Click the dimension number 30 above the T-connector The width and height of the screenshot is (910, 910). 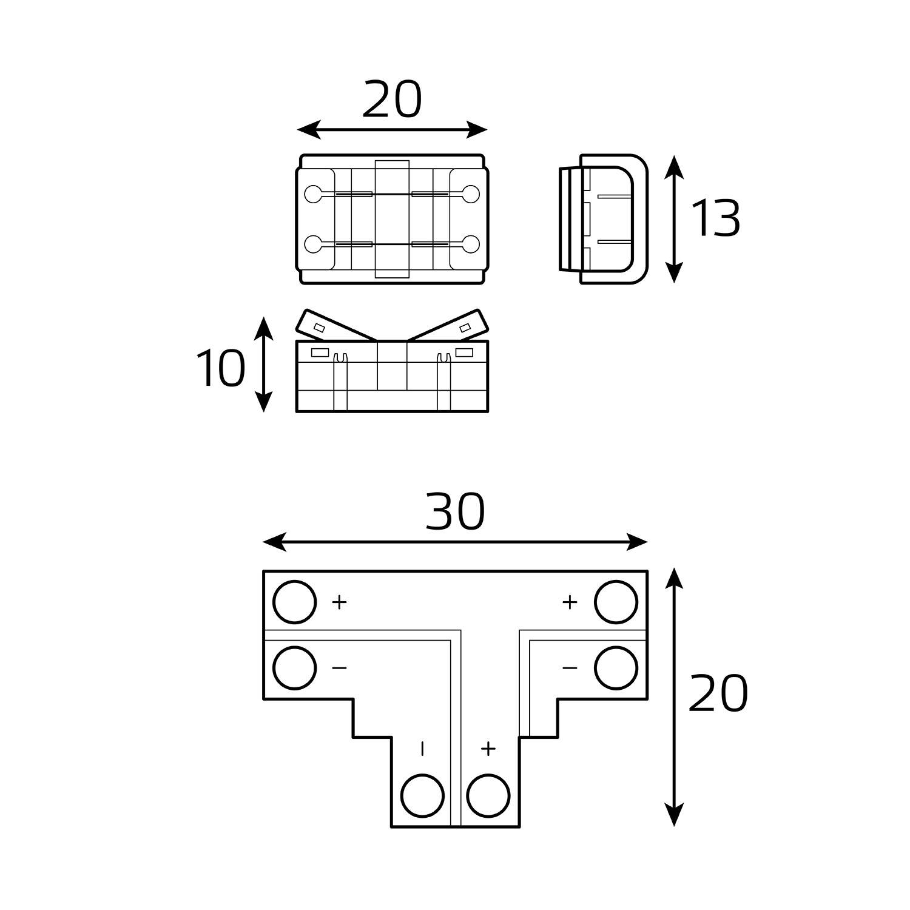[455, 511]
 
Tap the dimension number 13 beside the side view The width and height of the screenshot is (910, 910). [716, 218]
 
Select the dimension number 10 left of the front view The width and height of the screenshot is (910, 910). [221, 368]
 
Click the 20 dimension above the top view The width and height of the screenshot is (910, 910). [392, 99]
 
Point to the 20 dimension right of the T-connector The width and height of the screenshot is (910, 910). [718, 693]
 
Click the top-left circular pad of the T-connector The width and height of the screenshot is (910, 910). [295, 602]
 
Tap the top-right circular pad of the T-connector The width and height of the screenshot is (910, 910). [616, 602]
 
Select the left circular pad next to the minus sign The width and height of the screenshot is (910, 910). [295, 668]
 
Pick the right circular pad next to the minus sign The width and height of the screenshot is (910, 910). [616, 668]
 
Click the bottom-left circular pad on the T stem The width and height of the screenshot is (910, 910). [423, 795]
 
